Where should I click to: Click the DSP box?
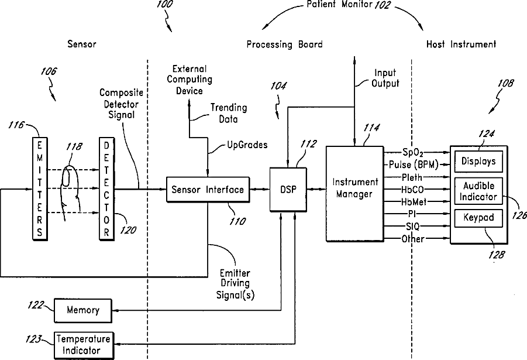pos(288,190)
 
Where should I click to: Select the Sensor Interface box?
pos(208,190)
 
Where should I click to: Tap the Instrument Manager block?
pos(355,193)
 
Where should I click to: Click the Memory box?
pos(83,310)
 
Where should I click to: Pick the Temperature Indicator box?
pos(83,345)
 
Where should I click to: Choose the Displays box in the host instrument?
pos(478,161)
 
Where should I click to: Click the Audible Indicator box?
pos(478,191)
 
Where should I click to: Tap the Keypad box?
pos(478,218)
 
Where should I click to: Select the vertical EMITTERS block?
pos(40,188)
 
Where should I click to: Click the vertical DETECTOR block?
pos(106,188)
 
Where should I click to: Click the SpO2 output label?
pos(413,153)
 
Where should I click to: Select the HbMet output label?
pos(414,202)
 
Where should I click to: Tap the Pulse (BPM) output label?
pos(414,165)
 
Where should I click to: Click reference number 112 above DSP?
pos(308,144)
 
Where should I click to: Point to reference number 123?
pos(33,339)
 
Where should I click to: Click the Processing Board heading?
pos(285,44)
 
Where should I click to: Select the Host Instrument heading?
pos(461,44)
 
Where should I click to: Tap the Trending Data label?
pos(229,114)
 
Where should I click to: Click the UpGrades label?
pos(247,145)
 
